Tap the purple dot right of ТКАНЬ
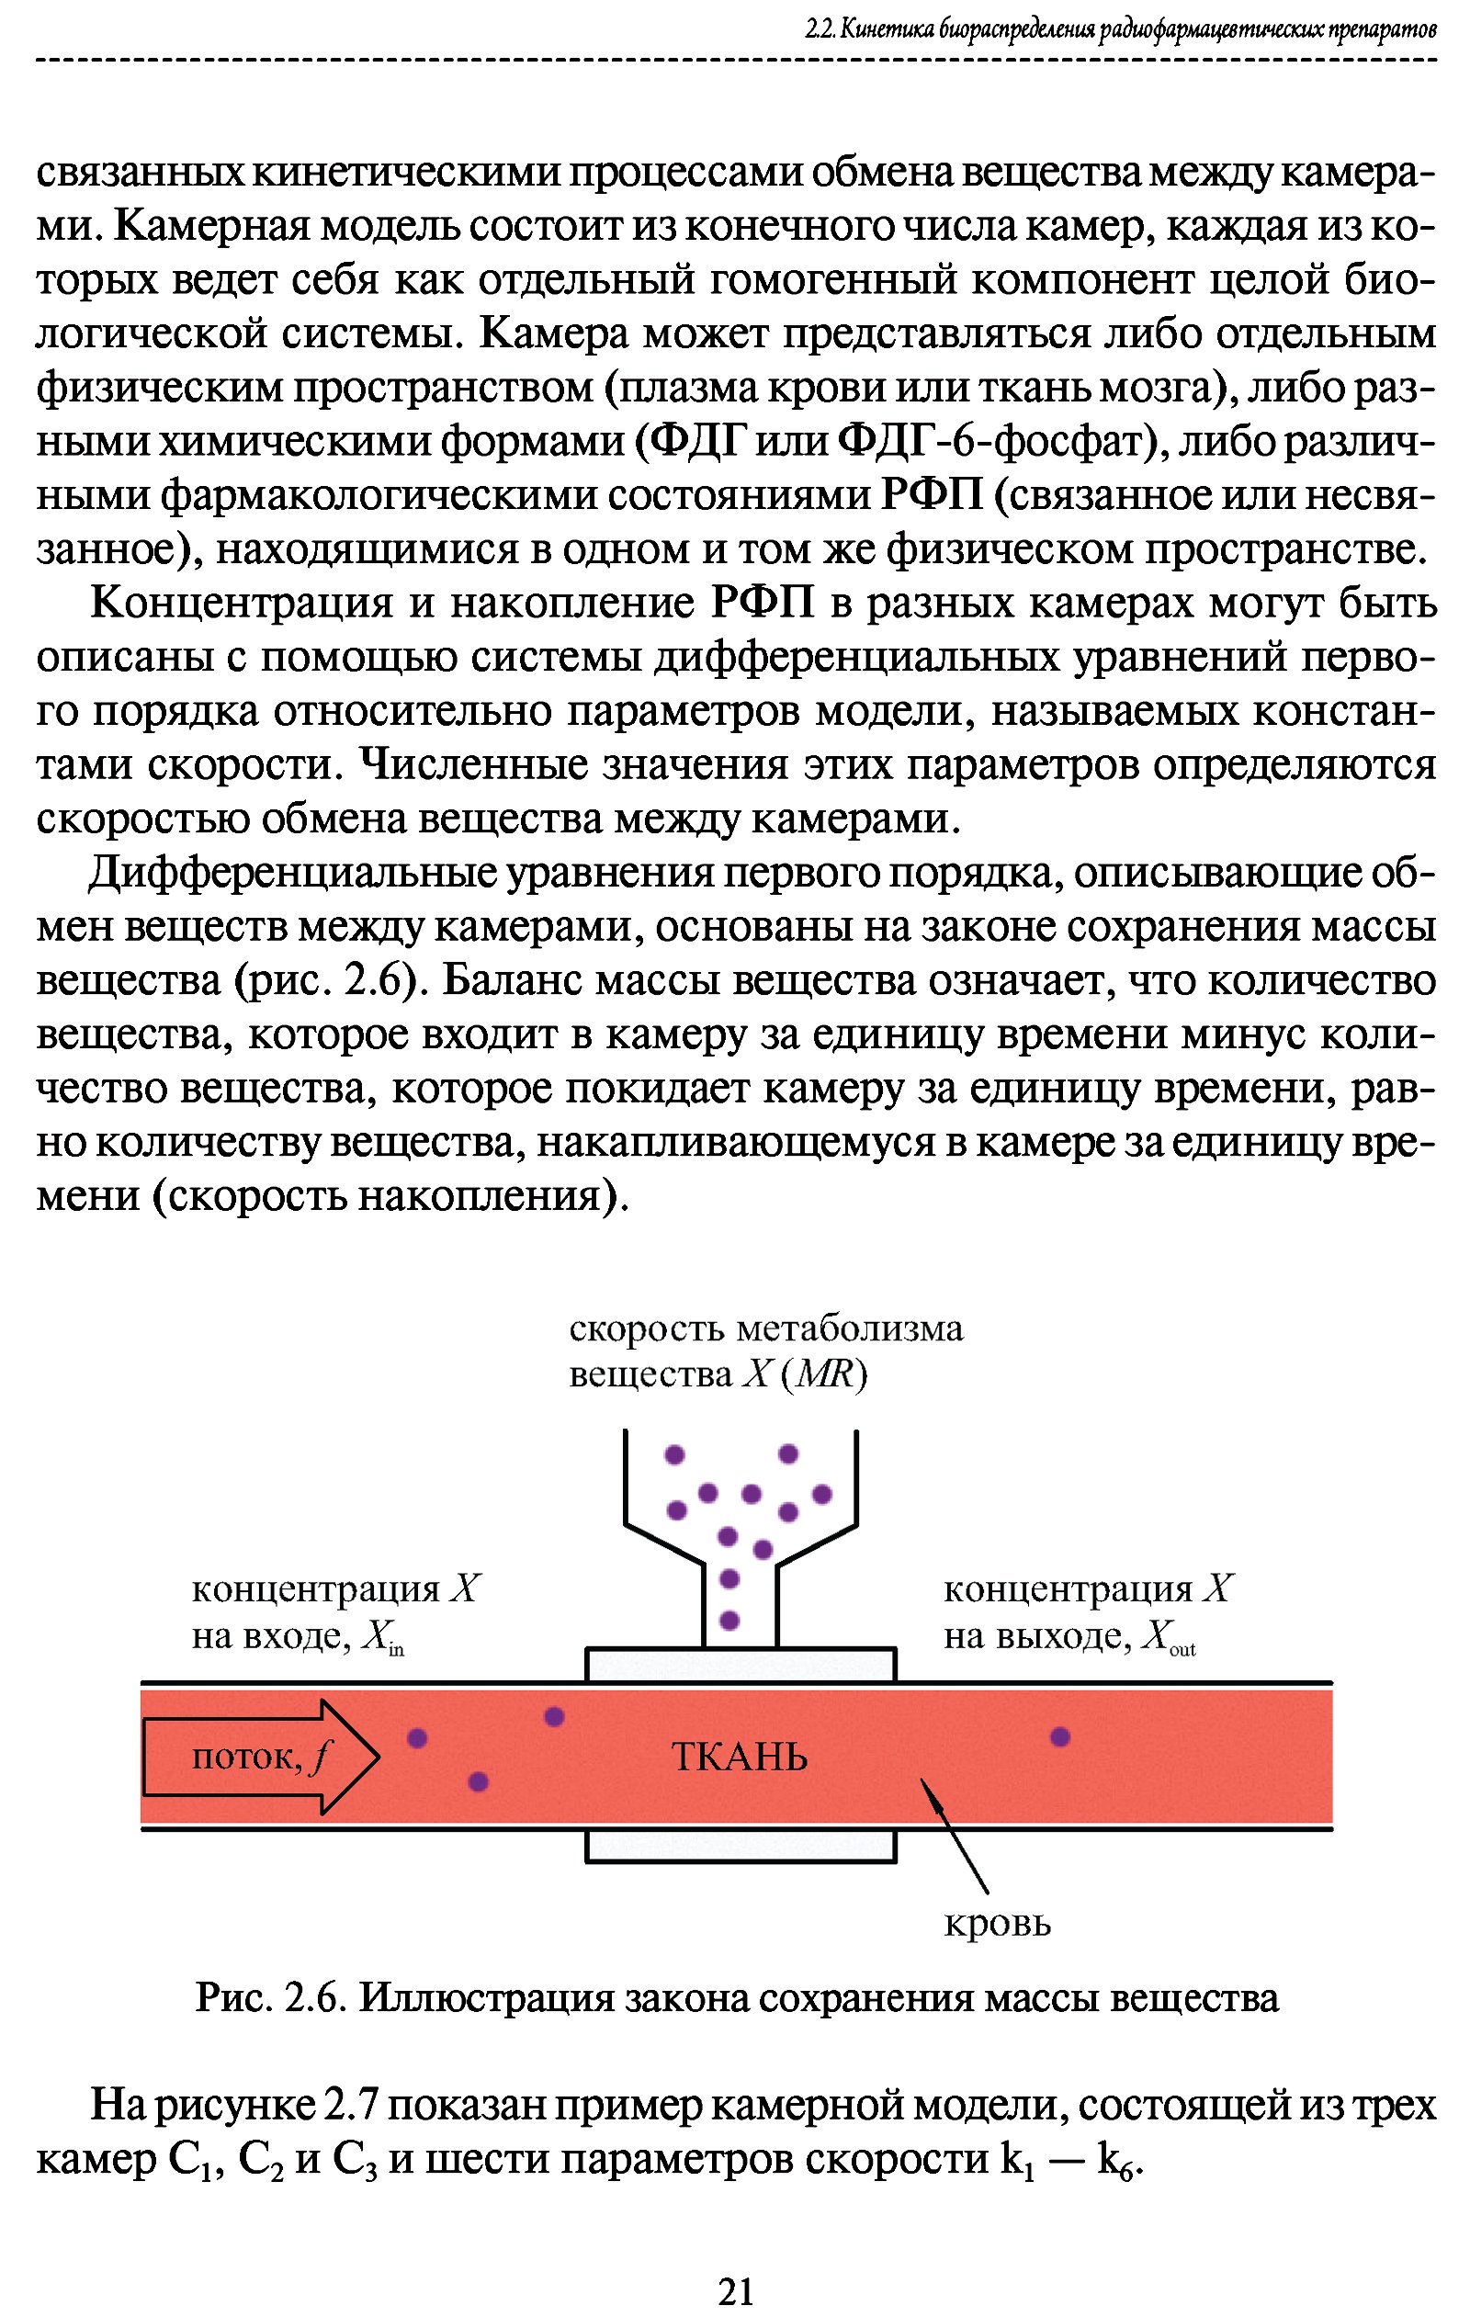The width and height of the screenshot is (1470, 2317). pos(1059,1735)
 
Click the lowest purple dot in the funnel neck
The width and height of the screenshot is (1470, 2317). pos(729,1621)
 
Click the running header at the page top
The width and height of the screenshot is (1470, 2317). pos(1121,29)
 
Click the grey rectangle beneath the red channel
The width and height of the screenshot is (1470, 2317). pos(741,1846)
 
